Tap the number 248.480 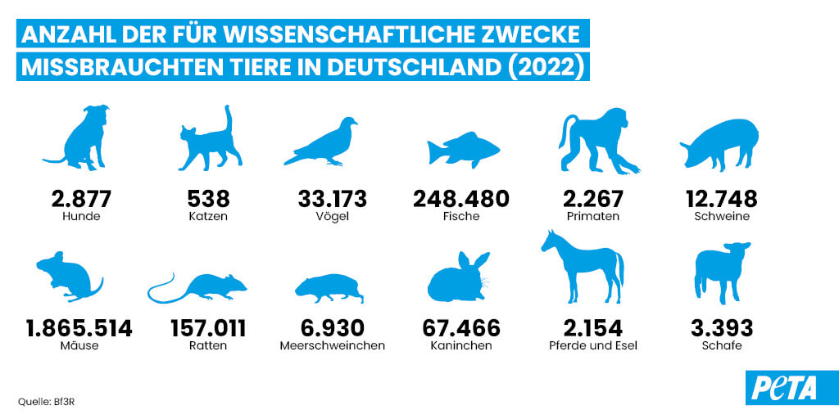pos(462,198)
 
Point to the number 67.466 pos(460,328)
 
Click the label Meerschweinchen pos(332,346)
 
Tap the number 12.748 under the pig pos(721,198)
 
